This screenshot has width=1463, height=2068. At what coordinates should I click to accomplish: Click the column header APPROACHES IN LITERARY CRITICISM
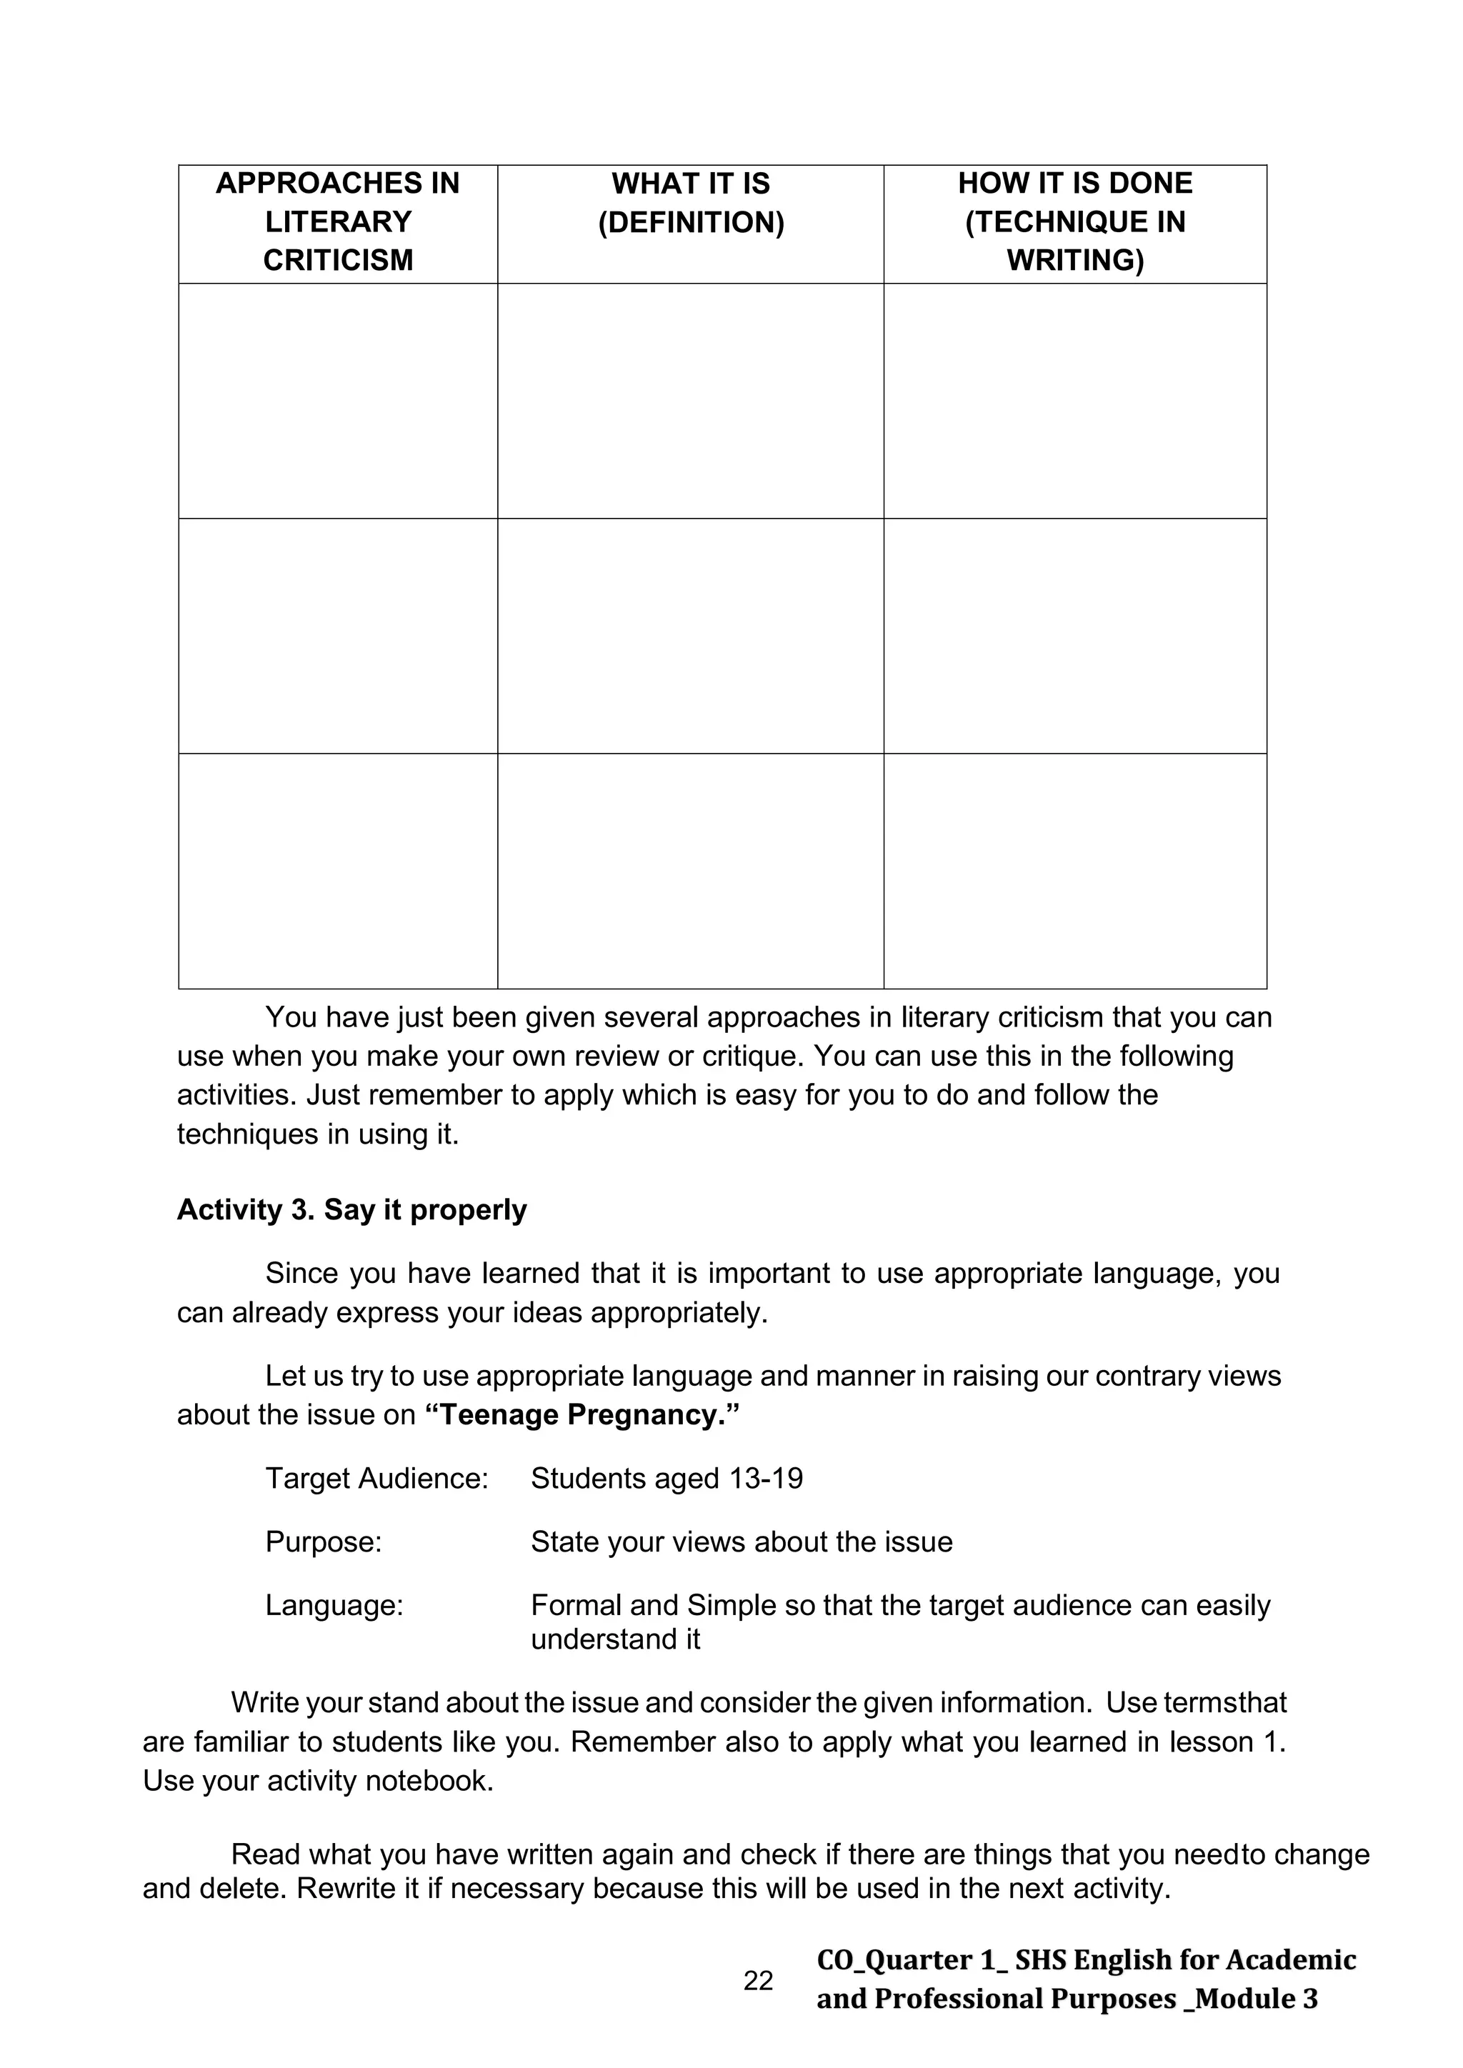pos(338,221)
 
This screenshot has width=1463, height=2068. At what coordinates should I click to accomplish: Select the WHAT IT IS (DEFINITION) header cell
pos(691,203)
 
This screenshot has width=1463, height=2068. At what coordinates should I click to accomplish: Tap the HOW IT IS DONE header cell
pos(1074,221)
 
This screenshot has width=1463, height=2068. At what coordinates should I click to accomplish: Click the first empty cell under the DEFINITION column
pos(691,401)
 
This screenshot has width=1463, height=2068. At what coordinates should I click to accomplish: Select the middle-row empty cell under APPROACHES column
pos(338,636)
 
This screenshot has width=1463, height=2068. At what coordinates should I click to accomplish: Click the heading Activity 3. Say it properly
pos(351,1209)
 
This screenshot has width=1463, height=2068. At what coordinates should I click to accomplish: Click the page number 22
pos(758,1981)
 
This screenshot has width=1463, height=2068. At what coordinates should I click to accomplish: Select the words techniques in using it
pos(318,1134)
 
